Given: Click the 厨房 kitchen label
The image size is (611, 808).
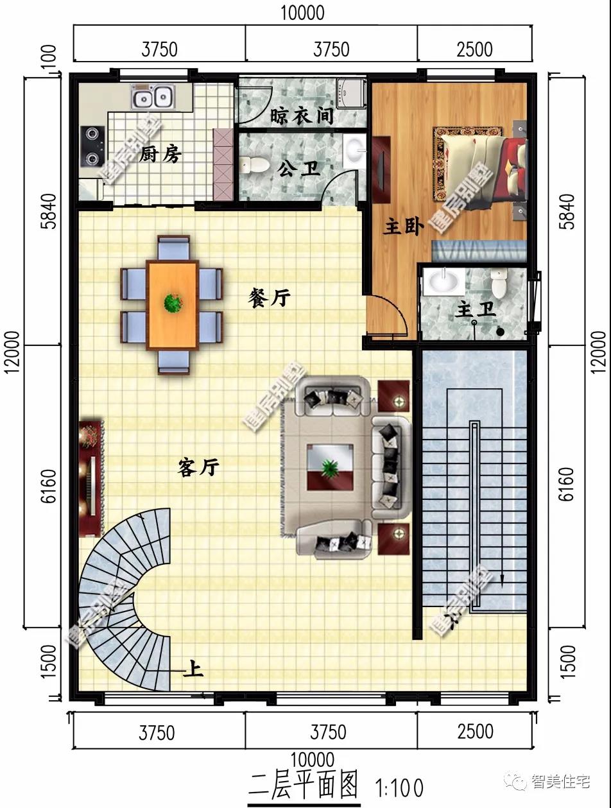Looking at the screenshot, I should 160,154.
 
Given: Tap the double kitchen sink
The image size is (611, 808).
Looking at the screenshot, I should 153,98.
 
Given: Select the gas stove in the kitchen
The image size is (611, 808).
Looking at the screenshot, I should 92,146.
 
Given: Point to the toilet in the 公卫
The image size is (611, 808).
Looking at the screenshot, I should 255,165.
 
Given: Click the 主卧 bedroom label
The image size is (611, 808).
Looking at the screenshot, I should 403,227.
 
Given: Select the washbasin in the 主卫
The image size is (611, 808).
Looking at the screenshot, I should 444,280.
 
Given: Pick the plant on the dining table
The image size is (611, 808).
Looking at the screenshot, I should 172,302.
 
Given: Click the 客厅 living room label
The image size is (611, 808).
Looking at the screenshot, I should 198,468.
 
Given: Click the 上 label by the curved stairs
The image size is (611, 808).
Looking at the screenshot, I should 193,671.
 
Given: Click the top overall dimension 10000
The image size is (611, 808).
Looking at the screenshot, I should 302,12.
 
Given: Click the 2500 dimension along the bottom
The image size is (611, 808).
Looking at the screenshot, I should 476,732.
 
